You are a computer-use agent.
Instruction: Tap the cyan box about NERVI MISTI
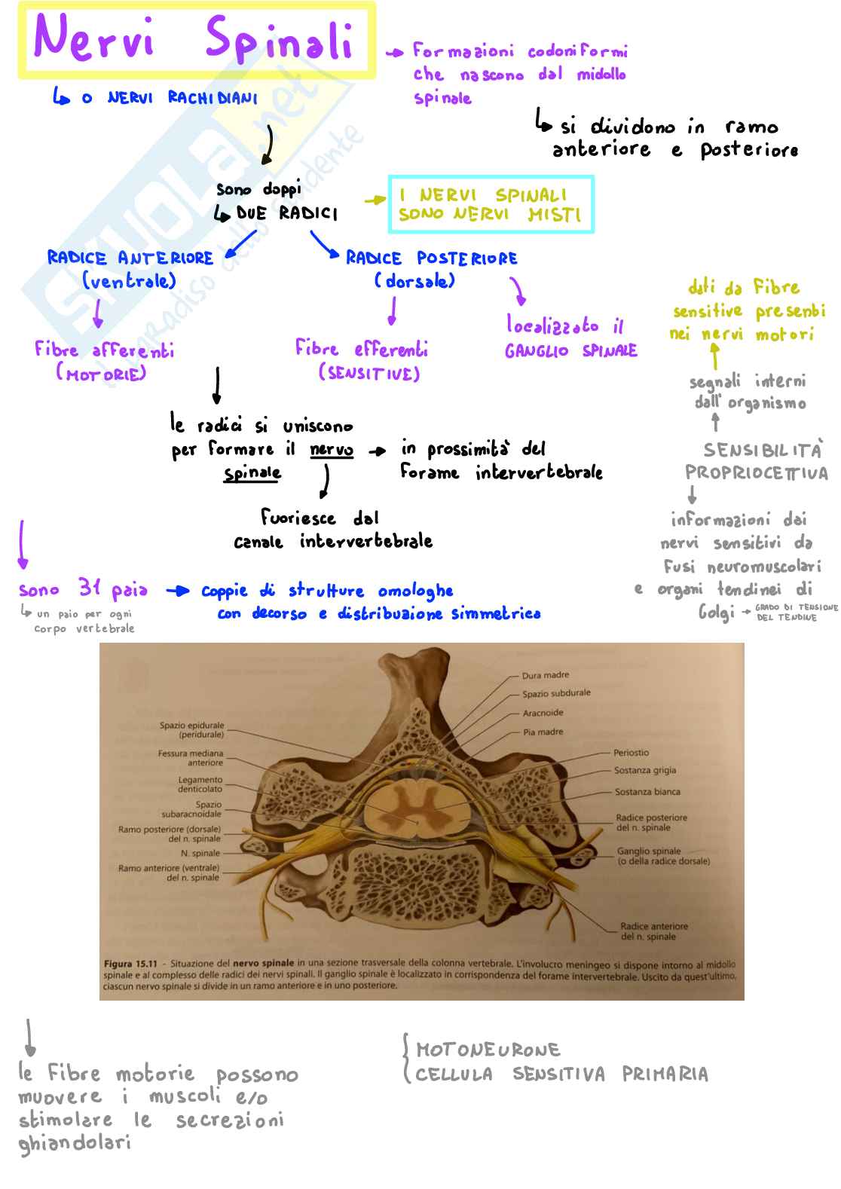(491, 204)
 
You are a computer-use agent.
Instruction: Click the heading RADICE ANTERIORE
(130, 258)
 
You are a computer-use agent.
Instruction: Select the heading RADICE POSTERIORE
(431, 258)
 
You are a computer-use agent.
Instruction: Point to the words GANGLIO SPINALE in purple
(570, 351)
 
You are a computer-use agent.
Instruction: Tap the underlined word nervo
(332, 450)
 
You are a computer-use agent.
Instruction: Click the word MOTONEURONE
(488, 1050)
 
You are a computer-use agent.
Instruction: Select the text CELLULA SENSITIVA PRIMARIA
(561, 1074)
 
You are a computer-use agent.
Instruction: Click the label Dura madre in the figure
(546, 675)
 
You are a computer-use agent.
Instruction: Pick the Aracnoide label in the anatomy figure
(543, 713)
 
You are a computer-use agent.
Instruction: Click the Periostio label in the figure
(631, 753)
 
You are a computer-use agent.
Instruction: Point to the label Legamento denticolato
(200, 784)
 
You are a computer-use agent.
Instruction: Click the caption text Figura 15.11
(130, 964)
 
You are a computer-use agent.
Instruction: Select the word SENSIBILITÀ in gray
(762, 450)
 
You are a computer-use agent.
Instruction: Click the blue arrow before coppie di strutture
(177, 591)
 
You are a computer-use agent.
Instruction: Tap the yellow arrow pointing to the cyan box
(375, 200)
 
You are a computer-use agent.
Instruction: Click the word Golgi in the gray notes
(716, 612)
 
